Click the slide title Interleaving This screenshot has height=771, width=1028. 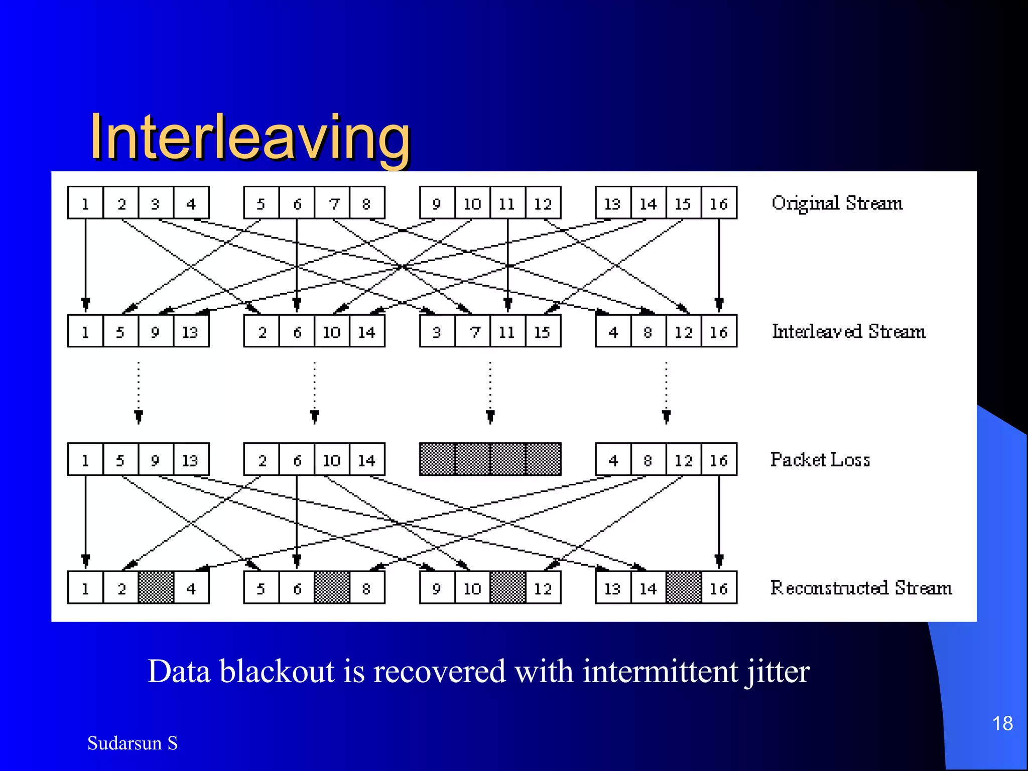[x=249, y=137]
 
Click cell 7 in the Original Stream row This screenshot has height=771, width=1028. [x=332, y=203]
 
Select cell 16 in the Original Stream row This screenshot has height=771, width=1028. [x=719, y=203]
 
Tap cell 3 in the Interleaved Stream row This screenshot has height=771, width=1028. [x=437, y=331]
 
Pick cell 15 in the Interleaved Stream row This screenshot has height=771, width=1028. [x=543, y=331]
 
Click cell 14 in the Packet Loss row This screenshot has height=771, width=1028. [x=367, y=459]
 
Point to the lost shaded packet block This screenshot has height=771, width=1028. [x=490, y=459]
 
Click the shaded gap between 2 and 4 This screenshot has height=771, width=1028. [x=156, y=587]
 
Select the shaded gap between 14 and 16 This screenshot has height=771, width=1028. [x=684, y=587]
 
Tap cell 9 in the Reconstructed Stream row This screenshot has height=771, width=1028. [x=437, y=587]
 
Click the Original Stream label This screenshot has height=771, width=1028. [x=837, y=203]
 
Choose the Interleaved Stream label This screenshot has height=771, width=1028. [x=848, y=331]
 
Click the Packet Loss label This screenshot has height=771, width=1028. [x=820, y=459]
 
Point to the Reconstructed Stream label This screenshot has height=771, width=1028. [x=861, y=587]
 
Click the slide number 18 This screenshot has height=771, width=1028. [x=1002, y=723]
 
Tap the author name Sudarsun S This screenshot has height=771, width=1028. [x=133, y=743]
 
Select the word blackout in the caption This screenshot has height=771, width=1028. [x=277, y=672]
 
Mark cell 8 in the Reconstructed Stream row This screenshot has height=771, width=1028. [x=367, y=587]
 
